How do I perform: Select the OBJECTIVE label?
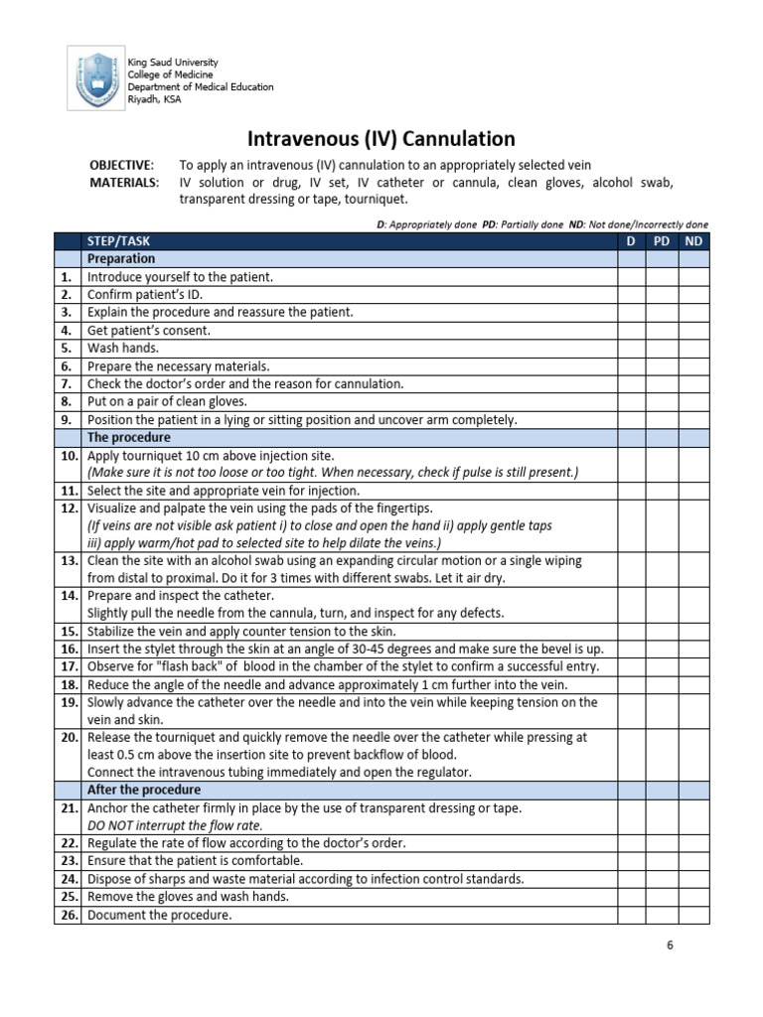click(x=121, y=165)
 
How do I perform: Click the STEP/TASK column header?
click(x=119, y=241)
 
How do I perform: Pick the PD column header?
click(x=662, y=241)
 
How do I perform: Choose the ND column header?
click(x=694, y=241)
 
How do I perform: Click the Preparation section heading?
click(x=121, y=259)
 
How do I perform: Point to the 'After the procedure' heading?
click(x=144, y=790)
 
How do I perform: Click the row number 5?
click(x=67, y=349)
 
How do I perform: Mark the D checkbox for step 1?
click(x=631, y=277)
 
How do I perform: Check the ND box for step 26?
click(x=694, y=915)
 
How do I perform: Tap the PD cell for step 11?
click(x=662, y=491)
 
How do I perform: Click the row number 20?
click(x=68, y=738)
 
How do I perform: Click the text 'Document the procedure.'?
click(x=159, y=915)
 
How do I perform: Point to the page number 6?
click(x=670, y=945)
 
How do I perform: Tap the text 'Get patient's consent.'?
click(x=149, y=331)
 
